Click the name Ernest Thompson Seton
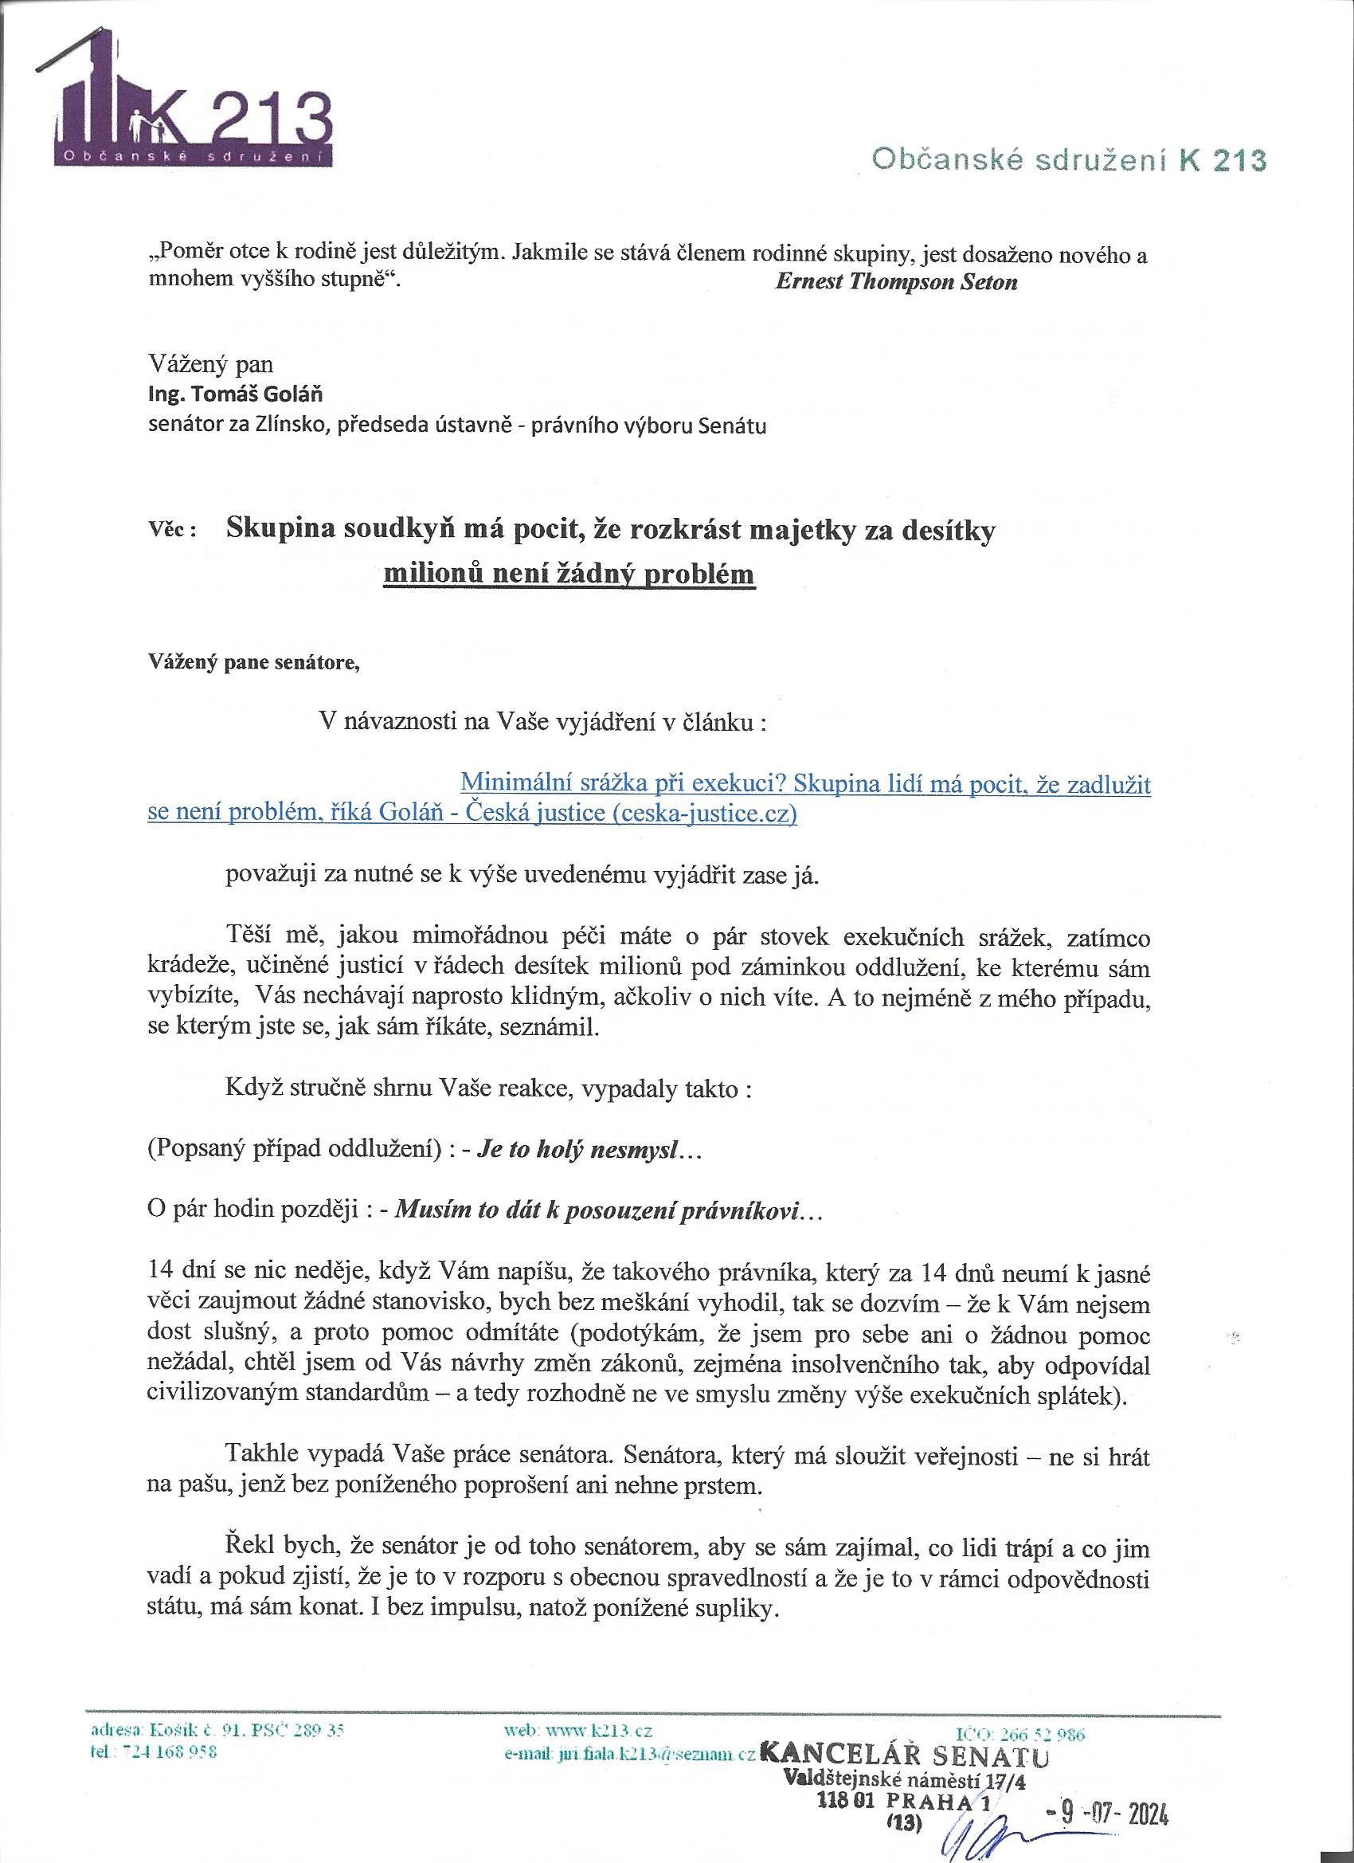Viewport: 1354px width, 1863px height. [x=896, y=282]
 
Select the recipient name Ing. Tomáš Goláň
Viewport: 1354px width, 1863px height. [x=235, y=394]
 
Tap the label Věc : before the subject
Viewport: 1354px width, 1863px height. [x=171, y=531]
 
